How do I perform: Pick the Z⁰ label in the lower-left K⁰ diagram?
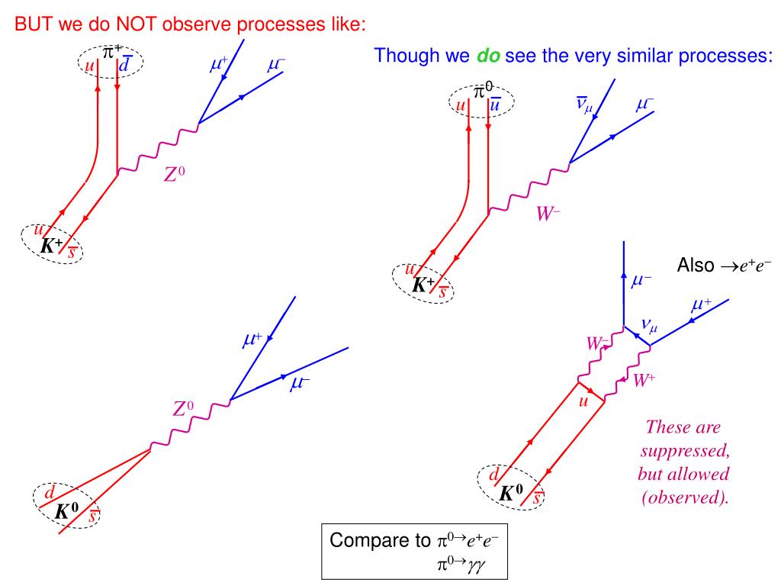pos(184,409)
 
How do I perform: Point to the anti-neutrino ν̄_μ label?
pos(584,104)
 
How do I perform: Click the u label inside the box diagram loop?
pos(583,401)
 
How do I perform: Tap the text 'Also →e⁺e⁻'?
pos(725,266)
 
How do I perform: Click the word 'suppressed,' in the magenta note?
pos(683,450)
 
